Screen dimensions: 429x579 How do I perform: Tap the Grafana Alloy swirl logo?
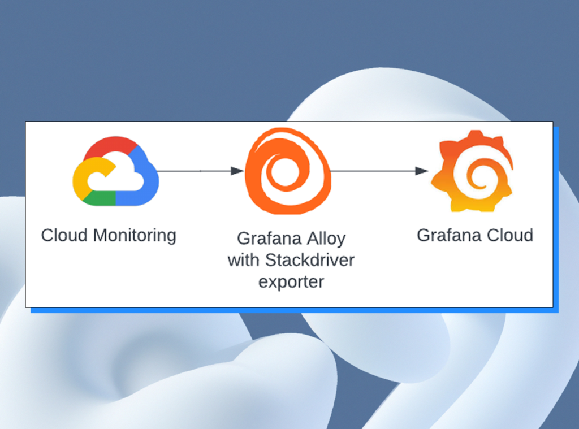pos(287,171)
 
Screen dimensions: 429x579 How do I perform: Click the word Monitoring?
pos(135,235)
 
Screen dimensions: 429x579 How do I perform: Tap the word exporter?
pos(291,281)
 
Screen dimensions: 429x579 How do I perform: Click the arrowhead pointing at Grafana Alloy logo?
pos(237,171)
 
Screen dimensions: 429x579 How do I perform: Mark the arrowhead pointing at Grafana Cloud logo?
pos(422,171)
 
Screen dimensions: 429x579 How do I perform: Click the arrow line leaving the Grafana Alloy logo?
pos(373,171)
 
